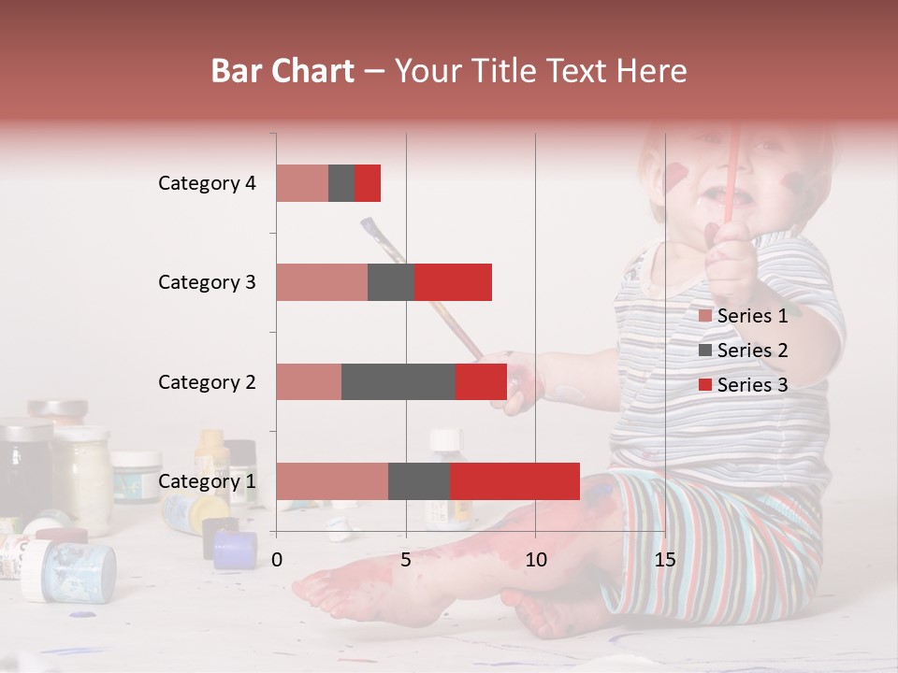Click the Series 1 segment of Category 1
pyautogui.click(x=332, y=481)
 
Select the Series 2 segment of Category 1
pyautogui.click(x=419, y=481)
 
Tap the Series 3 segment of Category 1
pyautogui.click(x=514, y=481)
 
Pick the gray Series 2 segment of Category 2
pyautogui.click(x=398, y=381)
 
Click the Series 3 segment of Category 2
pyautogui.click(x=481, y=381)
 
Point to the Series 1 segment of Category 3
pyautogui.click(x=322, y=282)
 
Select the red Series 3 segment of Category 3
pyautogui.click(x=453, y=282)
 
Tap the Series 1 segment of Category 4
pyautogui.click(x=302, y=183)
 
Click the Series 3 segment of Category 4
pyautogui.click(x=368, y=183)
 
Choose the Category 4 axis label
pyautogui.click(x=207, y=183)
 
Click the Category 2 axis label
pyautogui.click(x=207, y=382)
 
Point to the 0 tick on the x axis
pyautogui.click(x=277, y=560)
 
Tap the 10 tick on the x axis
pyautogui.click(x=535, y=560)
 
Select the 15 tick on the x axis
pyautogui.click(x=664, y=560)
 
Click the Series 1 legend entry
pyautogui.click(x=743, y=316)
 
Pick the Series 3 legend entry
pyautogui.click(x=743, y=385)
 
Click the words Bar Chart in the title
pyautogui.click(x=282, y=71)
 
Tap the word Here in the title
pyautogui.click(x=652, y=71)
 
